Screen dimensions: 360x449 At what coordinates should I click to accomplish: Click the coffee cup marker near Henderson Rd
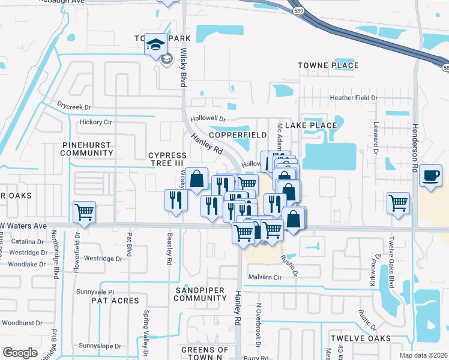(x=431, y=175)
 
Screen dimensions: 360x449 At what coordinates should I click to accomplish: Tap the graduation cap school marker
(x=155, y=45)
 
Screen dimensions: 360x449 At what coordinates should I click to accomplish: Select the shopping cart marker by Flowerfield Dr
(x=84, y=212)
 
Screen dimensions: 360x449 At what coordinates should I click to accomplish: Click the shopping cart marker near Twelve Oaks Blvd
(x=399, y=203)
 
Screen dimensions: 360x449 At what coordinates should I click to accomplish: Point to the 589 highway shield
(x=298, y=11)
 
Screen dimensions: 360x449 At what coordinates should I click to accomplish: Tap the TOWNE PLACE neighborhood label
(x=328, y=65)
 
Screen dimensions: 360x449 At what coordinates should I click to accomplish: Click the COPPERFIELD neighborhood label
(x=238, y=135)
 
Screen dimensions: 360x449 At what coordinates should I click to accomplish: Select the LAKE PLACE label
(x=310, y=125)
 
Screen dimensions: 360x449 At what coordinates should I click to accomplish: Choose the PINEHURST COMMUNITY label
(x=87, y=149)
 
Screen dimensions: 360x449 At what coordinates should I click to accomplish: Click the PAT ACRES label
(x=115, y=300)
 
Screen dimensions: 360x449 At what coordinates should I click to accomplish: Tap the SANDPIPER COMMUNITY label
(x=199, y=294)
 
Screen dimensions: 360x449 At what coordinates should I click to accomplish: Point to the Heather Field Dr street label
(x=354, y=98)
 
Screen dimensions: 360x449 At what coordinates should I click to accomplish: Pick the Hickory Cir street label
(x=96, y=122)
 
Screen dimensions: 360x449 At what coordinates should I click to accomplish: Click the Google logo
(x=20, y=352)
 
